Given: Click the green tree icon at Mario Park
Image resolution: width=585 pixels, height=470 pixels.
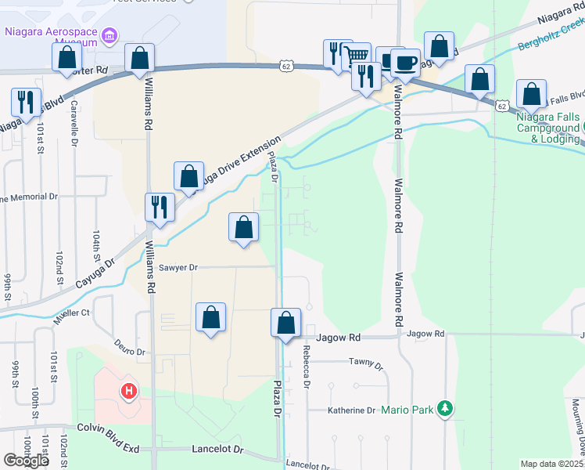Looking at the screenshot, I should coord(445,408).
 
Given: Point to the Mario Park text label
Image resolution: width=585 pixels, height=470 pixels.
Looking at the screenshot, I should coord(408,409).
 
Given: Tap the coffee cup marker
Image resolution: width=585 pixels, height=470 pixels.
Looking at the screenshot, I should coord(404,62).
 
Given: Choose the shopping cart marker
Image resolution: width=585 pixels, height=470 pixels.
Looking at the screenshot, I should coord(357,55).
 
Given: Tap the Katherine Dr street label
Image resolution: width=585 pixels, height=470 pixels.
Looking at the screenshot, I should coord(351,410).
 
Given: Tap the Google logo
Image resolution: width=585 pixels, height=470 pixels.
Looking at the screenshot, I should coord(26,461).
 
